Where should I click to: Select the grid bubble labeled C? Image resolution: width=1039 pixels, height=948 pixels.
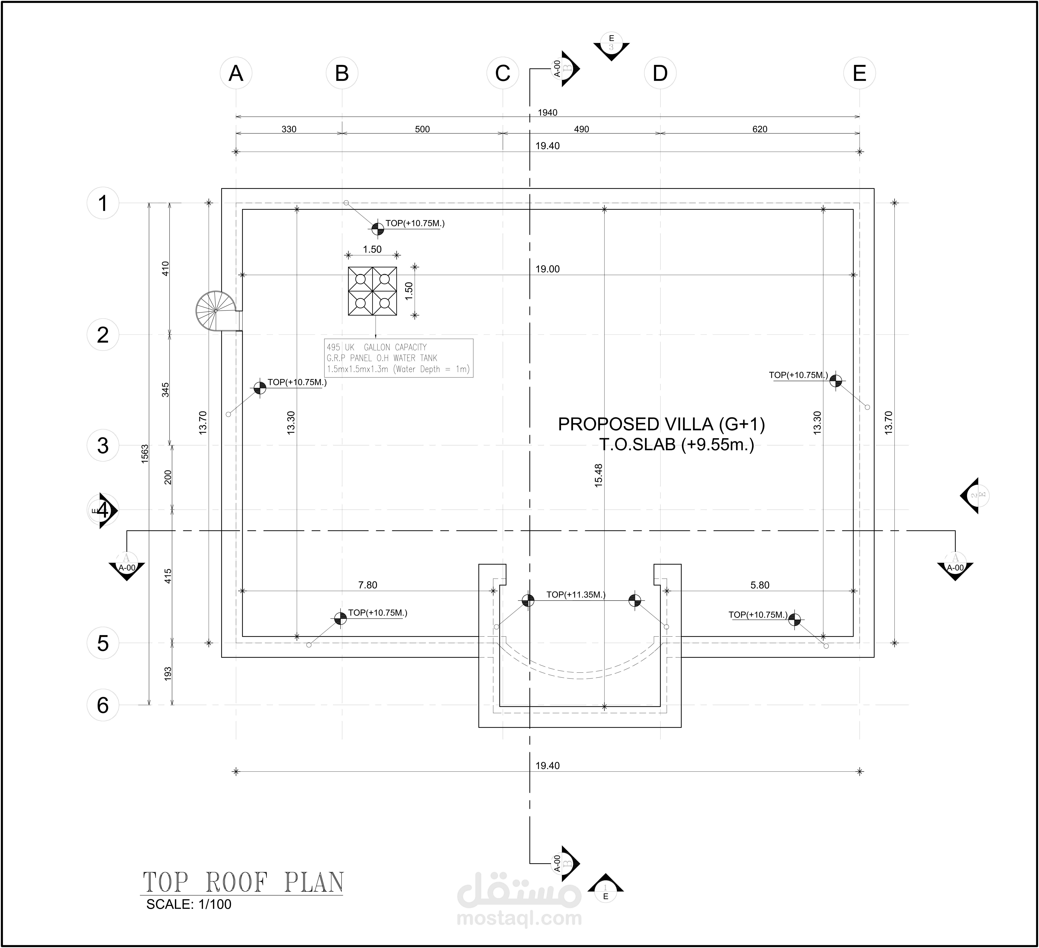502,73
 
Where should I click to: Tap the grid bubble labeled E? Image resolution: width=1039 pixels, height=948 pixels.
859,73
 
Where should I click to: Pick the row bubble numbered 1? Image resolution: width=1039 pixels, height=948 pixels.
103,203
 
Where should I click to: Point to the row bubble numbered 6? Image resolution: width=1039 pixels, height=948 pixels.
103,705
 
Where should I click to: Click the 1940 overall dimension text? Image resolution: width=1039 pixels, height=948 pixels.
547,112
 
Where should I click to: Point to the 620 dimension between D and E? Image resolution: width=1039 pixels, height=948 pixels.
760,129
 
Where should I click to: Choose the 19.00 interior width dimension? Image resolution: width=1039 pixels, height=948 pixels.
547,269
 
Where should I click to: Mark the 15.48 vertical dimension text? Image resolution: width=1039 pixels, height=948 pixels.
598,475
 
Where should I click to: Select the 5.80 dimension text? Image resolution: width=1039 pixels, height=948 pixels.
760,585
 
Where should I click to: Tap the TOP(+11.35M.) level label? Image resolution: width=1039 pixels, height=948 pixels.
576,595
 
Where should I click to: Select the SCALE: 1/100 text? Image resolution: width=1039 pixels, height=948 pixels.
189,904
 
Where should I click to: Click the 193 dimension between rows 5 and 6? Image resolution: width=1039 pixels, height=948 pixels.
167,674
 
